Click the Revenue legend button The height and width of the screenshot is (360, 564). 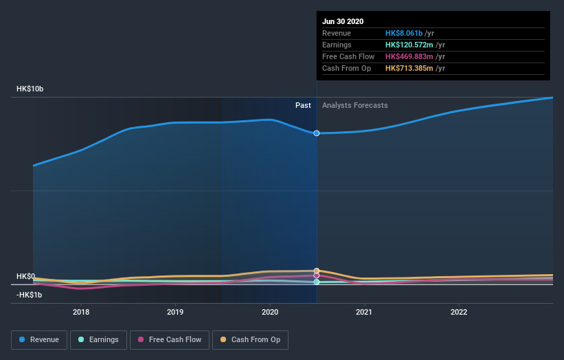pos(39,339)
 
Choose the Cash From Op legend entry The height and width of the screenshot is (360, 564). pos(251,339)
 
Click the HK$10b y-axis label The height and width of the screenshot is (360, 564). pos(30,89)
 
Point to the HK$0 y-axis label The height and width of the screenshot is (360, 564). pos(25,276)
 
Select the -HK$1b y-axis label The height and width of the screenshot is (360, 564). pos(30,295)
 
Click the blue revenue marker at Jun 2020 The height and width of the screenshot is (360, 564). pos(317,133)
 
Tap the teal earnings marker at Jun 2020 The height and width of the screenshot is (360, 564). pos(317,282)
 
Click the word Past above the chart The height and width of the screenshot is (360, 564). pos(303,105)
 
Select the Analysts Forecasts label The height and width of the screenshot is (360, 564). pos(354,105)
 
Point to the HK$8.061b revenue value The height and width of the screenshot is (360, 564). pos(404,33)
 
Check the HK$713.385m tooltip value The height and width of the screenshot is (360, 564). pos(409,68)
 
